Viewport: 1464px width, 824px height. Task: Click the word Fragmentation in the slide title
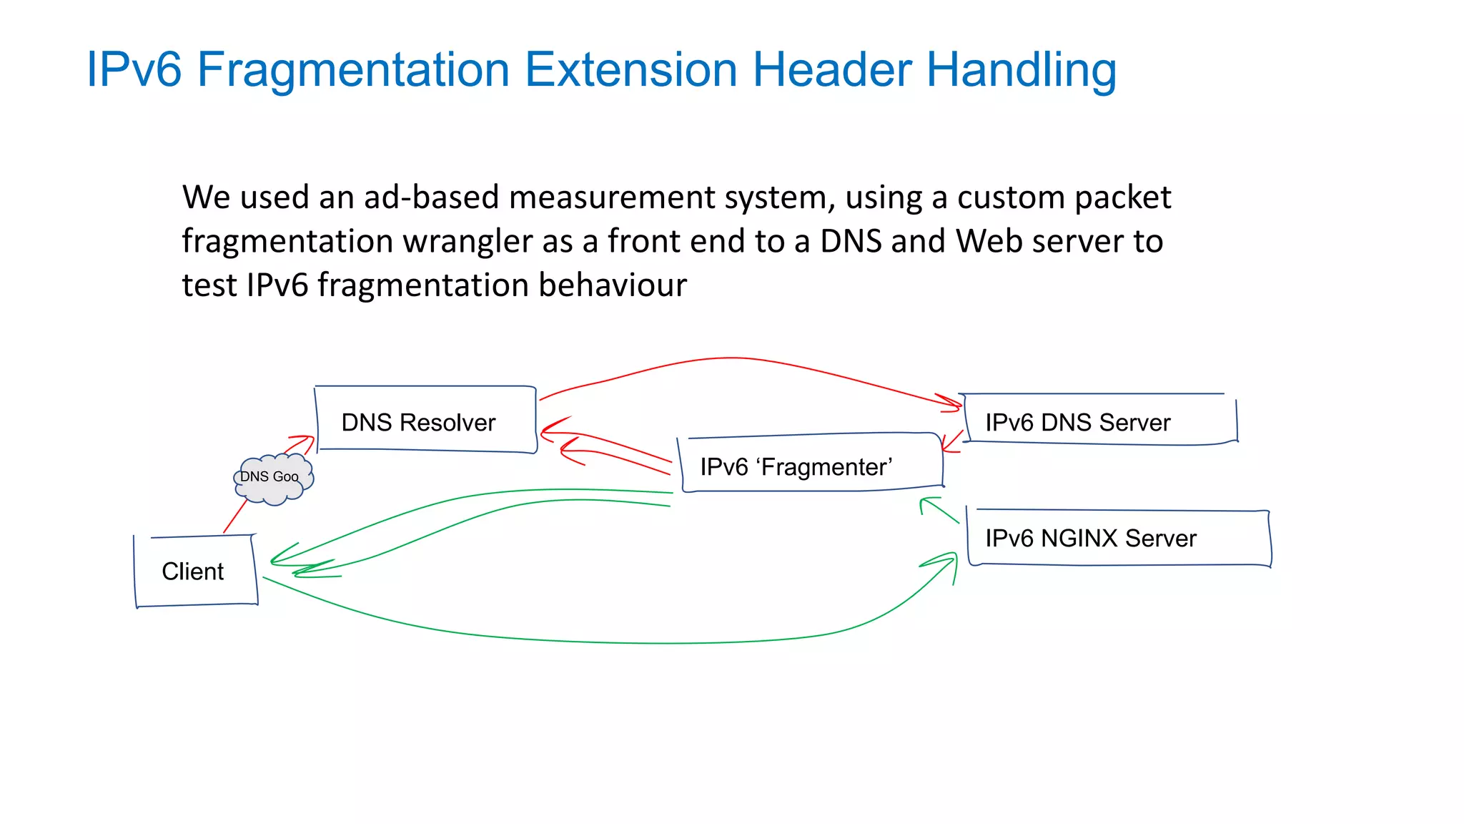click(x=353, y=70)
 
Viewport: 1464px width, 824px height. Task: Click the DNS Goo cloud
click(x=272, y=478)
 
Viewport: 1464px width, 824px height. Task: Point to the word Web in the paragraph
click(x=989, y=241)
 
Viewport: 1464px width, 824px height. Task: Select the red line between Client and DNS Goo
click(x=235, y=516)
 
